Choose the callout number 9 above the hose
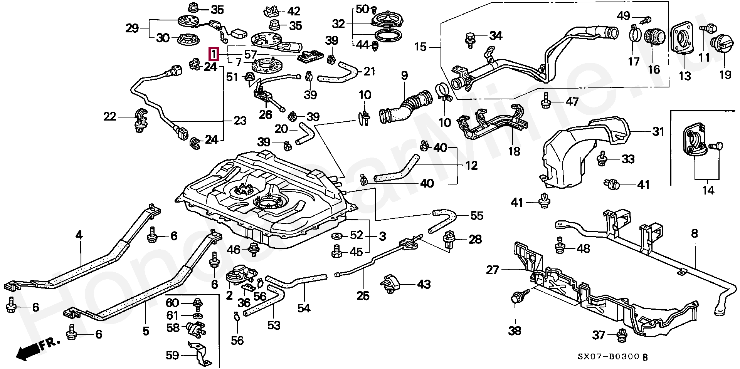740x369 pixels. pyautogui.click(x=404, y=75)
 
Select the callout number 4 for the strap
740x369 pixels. pyautogui.click(x=79, y=235)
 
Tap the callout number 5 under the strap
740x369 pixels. pyautogui.click(x=146, y=330)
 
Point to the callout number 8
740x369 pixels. pyautogui.click(x=695, y=233)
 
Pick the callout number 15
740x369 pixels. pyautogui.click(x=420, y=47)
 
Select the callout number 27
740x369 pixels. pyautogui.click(x=492, y=270)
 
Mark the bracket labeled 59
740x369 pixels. pyautogui.click(x=200, y=353)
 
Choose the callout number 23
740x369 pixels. pyautogui.click(x=240, y=121)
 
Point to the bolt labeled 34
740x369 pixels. pyautogui.click(x=469, y=39)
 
